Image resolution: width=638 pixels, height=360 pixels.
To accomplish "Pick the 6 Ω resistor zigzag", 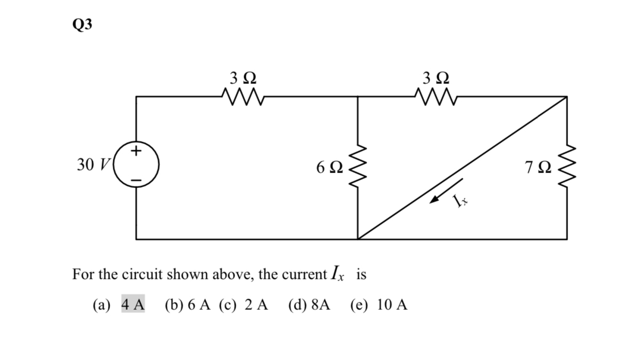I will pos(357,168).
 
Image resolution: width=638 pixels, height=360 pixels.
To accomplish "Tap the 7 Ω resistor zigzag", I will pos(567,168).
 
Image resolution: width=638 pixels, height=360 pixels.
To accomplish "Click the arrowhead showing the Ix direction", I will pos(436,200).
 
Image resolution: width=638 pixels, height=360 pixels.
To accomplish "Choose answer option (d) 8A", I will pos(309,305).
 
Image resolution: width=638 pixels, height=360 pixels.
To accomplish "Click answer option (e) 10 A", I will pos(379,305).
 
